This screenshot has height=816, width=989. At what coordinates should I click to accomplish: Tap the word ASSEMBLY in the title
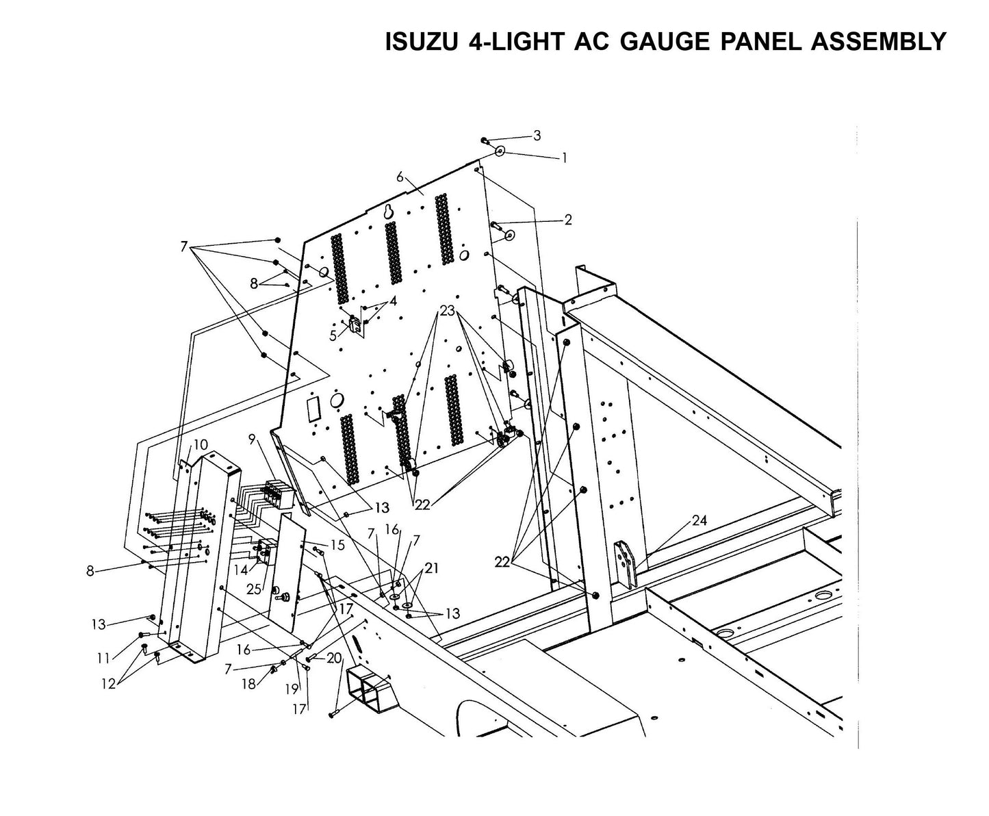(878, 42)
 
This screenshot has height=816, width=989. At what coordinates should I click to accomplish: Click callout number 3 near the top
(537, 136)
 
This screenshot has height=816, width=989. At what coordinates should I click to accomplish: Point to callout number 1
(564, 157)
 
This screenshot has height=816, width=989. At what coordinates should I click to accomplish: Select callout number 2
(567, 220)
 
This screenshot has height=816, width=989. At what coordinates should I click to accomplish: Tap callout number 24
(699, 520)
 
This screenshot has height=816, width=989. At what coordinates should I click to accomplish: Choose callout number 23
(447, 310)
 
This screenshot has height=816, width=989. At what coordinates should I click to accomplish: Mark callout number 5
(333, 335)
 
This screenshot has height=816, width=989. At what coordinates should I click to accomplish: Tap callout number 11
(103, 658)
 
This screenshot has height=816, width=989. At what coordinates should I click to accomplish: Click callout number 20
(334, 657)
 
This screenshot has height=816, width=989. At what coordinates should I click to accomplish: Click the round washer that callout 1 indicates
(500, 151)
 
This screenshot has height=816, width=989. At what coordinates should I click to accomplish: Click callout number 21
(432, 568)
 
